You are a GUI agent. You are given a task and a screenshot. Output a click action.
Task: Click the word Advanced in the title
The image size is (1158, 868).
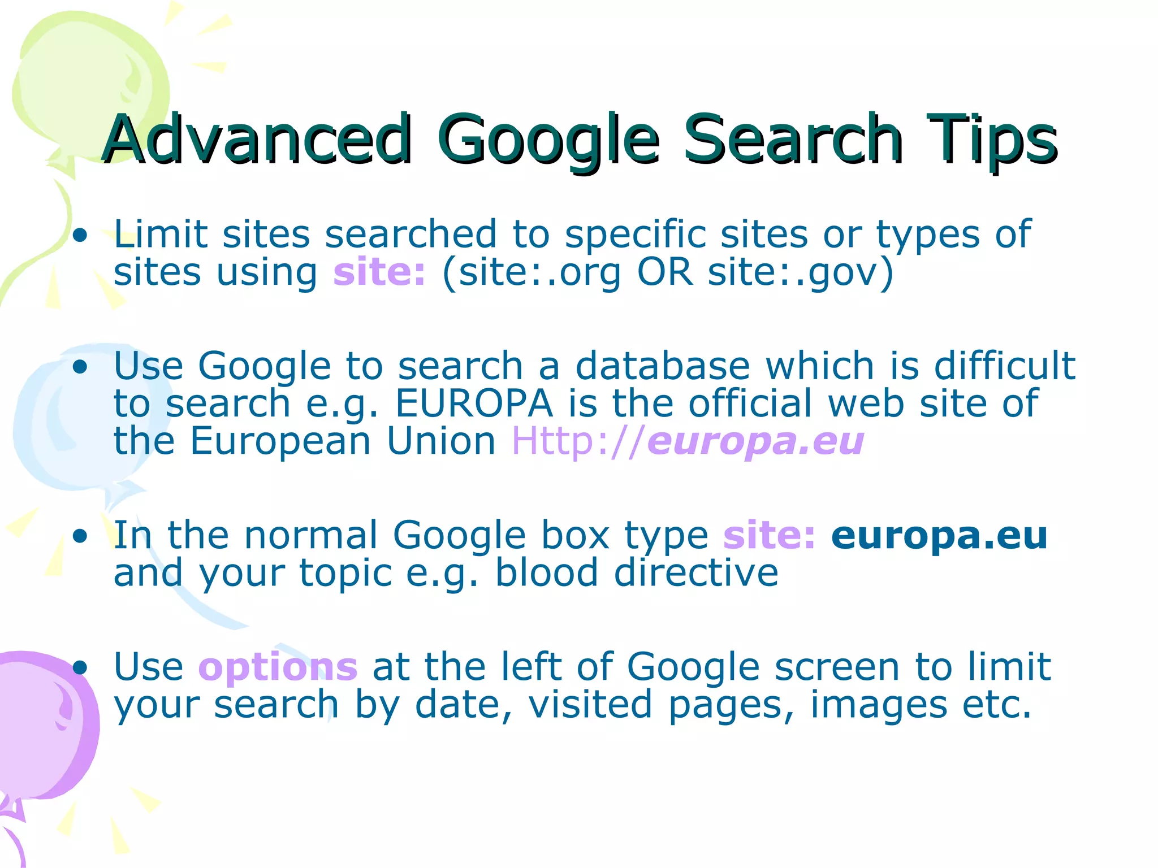click(257, 138)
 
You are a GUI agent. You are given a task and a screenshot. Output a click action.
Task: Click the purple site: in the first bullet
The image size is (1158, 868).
click(379, 272)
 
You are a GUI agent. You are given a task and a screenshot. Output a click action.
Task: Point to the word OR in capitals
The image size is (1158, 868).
click(664, 272)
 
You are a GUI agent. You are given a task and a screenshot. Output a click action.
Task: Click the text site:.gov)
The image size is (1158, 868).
click(800, 272)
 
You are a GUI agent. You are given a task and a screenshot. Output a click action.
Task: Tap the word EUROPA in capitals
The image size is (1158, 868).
click(474, 403)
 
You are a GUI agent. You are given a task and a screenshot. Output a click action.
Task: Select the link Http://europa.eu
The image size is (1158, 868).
click(687, 441)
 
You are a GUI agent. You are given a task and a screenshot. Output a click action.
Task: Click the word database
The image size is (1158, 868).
click(662, 366)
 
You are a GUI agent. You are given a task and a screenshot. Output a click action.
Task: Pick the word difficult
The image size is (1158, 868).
click(1004, 366)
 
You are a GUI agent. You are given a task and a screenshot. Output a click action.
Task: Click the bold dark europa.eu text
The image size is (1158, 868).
click(939, 535)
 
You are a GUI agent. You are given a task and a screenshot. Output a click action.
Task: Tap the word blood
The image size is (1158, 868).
click(546, 573)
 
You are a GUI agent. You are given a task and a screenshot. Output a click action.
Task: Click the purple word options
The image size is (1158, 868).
click(278, 667)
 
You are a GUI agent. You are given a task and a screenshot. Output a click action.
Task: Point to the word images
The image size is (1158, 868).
click(878, 705)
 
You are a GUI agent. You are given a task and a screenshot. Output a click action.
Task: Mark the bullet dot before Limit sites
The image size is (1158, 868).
click(80, 235)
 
